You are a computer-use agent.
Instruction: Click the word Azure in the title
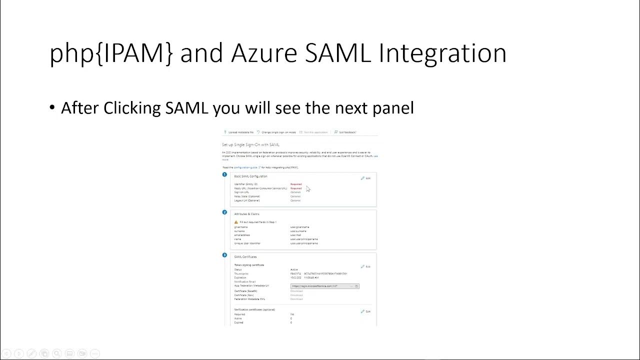click(262, 53)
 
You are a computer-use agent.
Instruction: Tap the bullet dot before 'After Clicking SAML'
click(52, 108)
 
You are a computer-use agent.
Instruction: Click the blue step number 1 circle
click(224, 174)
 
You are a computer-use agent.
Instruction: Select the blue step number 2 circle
click(224, 212)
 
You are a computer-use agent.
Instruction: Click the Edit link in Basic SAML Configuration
click(366, 178)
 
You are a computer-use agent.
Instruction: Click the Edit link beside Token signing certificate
click(366, 266)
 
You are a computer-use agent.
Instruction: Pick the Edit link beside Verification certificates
click(366, 311)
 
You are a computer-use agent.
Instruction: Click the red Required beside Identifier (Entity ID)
click(296, 184)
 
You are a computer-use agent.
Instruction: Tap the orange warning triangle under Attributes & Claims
click(236, 222)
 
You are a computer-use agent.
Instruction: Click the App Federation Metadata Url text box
click(322, 286)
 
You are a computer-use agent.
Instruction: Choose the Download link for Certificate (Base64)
click(296, 291)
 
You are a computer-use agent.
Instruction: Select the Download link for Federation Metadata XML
click(296, 299)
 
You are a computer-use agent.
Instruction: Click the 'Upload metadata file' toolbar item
click(239, 132)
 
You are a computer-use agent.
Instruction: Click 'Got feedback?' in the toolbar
click(346, 132)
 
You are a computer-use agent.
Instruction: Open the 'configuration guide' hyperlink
click(245, 167)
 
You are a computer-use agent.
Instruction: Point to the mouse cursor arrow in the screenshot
click(308, 188)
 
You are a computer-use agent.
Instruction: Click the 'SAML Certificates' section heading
click(245, 257)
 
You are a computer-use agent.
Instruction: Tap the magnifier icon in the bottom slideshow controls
click(56, 353)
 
